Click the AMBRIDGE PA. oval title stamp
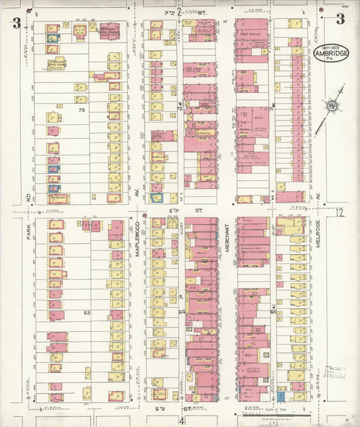[x=331, y=53]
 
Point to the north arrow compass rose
[x=332, y=105]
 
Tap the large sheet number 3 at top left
[x=16, y=23]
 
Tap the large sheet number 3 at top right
[x=341, y=19]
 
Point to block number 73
[x=82, y=109]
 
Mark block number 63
[x=87, y=313]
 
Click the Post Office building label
[x=247, y=32]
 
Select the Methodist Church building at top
[x=109, y=30]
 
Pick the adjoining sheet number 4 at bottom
[x=181, y=420]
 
